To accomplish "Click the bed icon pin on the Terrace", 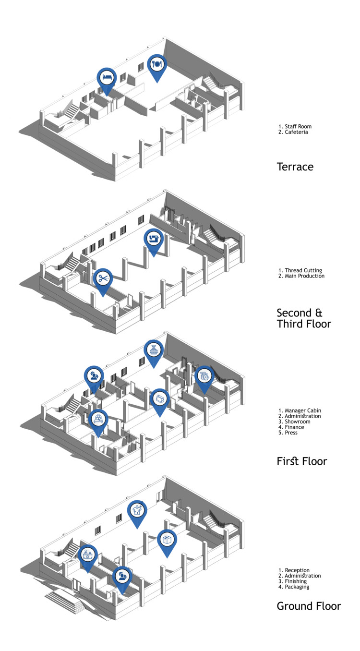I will pos(107,77).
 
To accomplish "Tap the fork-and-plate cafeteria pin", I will pos(156,64).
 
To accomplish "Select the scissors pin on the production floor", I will pos(102,278).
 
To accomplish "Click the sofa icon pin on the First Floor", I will pos(160,398).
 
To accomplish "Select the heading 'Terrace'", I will pos(295,167).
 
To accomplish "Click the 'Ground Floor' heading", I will pos(309,606).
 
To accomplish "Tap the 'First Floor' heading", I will pos(301,461).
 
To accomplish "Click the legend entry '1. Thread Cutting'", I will pos(300,270).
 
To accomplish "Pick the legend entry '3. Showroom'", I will pos(294,422).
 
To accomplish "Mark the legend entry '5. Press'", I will pos(288,433).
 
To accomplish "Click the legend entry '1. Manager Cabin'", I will pos(300,410).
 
